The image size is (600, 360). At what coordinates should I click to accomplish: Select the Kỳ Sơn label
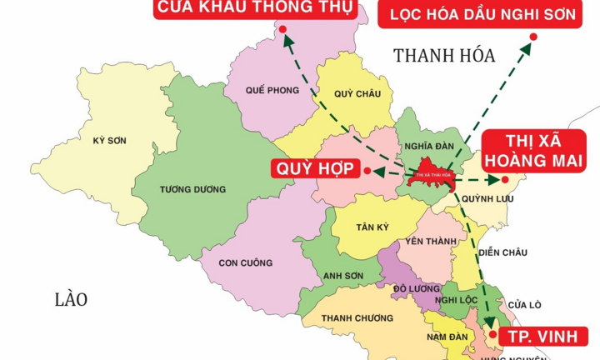[109, 140]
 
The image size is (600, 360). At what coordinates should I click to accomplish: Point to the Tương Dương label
[192, 189]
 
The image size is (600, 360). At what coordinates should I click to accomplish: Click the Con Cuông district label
[245, 262]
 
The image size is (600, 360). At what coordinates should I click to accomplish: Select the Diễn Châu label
[500, 252]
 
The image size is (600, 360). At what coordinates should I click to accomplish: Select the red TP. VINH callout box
[549, 336]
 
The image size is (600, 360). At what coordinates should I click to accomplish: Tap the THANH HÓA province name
[444, 56]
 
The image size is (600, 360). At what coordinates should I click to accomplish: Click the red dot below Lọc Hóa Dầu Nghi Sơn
[533, 37]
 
